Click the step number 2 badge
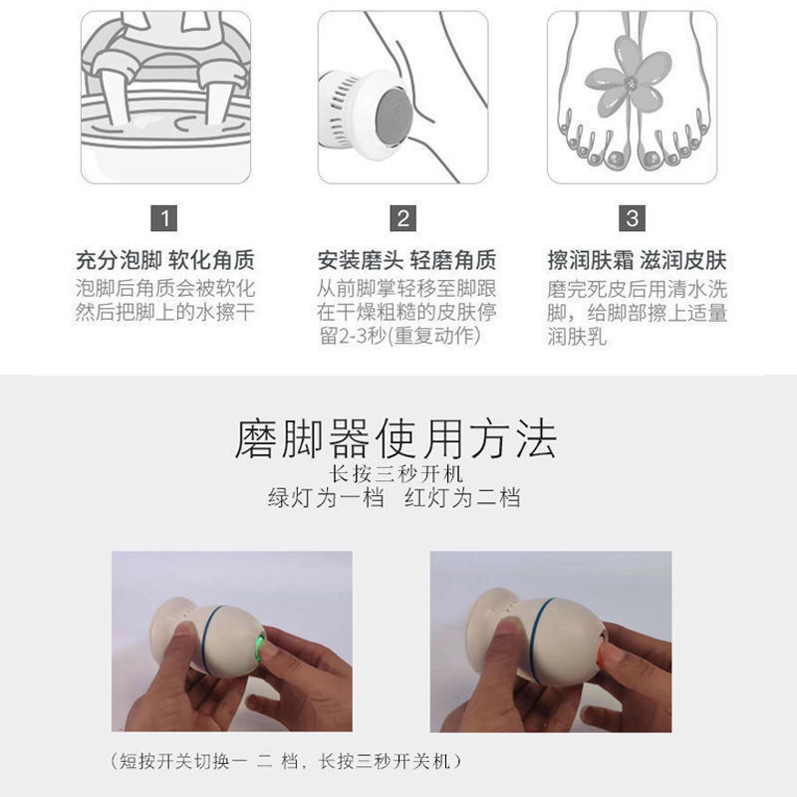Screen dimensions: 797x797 point(402,217)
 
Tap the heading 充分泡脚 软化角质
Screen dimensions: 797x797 point(165,261)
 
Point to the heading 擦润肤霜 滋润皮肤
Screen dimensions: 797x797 point(637,261)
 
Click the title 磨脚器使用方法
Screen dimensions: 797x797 point(396,438)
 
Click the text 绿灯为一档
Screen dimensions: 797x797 point(326,498)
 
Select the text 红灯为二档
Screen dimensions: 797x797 point(462,498)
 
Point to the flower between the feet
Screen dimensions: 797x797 point(630,80)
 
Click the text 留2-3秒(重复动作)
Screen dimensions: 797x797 point(398,337)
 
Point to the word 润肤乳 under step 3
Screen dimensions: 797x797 point(577,337)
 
